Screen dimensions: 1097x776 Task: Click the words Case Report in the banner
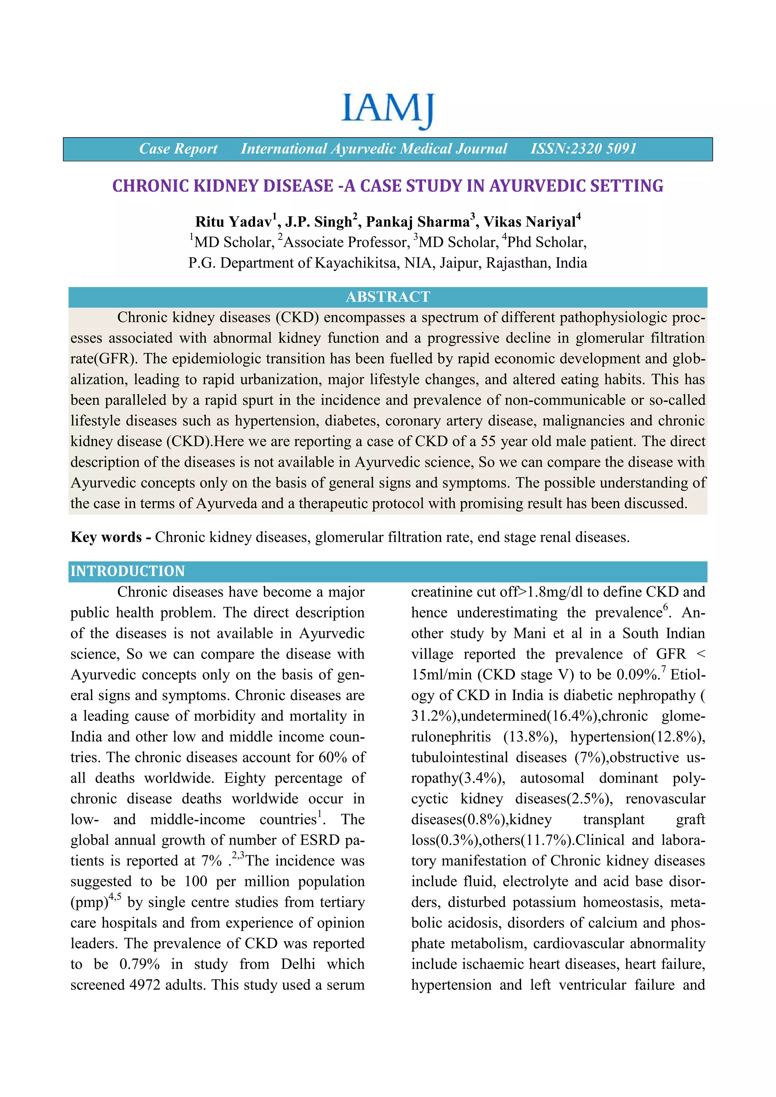click(x=178, y=148)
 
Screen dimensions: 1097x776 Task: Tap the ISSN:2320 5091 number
click(x=584, y=148)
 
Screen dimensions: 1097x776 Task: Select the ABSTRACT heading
click(x=388, y=297)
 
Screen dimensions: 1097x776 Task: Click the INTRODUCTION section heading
click(x=128, y=571)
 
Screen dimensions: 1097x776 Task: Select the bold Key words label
click(x=106, y=537)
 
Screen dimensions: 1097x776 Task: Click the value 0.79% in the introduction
click(x=139, y=964)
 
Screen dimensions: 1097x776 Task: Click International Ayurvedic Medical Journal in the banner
click(x=374, y=148)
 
